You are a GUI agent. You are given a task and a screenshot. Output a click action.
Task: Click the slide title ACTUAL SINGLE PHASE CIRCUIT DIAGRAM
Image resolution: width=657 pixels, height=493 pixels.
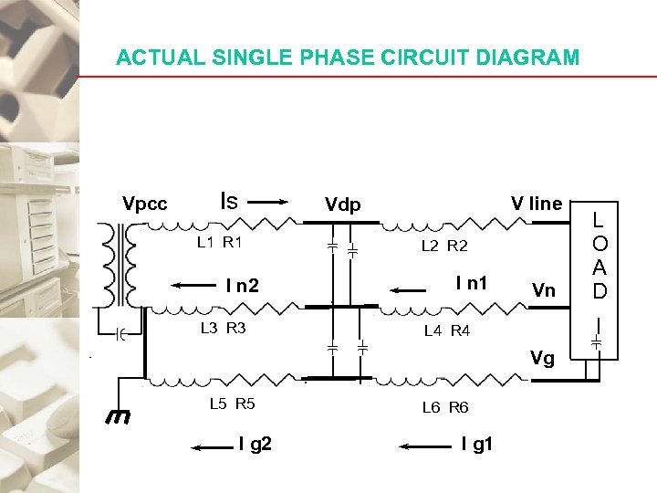point(348,58)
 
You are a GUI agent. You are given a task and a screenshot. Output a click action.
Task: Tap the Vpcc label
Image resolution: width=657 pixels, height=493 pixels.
point(145,204)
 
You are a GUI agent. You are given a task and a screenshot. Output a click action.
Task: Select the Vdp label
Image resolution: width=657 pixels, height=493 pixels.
point(343,205)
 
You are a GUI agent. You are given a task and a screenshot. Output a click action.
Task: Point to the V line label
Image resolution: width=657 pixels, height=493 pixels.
point(537,204)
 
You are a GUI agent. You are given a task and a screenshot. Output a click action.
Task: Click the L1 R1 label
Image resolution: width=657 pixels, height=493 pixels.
point(220,243)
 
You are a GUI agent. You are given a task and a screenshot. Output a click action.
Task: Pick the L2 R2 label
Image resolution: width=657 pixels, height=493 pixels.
point(444,246)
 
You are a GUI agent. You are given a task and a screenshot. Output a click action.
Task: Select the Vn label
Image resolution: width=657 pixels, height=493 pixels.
point(543,291)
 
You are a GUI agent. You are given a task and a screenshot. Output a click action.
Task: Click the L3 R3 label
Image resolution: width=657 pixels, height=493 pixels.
point(224,328)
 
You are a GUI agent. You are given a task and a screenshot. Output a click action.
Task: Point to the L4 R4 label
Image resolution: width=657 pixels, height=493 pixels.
point(447,331)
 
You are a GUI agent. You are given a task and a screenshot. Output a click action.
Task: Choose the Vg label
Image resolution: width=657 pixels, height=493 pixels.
point(542,359)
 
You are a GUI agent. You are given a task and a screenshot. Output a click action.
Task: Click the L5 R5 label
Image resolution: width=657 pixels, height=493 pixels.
point(232,403)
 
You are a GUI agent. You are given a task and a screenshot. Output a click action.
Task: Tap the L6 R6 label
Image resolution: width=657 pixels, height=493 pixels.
point(445,407)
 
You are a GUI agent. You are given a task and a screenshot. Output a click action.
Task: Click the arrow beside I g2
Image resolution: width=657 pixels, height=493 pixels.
point(212,447)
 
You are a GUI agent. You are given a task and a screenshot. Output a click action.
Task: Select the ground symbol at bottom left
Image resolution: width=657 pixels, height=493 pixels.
point(117,417)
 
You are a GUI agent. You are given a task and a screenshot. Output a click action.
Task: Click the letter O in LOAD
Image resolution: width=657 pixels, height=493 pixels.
point(599,245)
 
